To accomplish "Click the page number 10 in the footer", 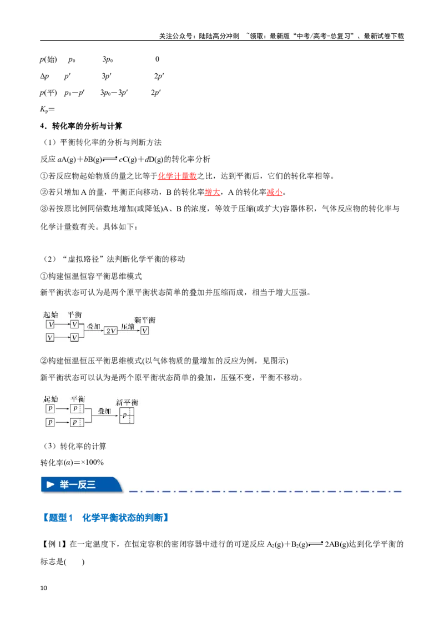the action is (x=44, y=588).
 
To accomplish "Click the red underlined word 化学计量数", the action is (x=177, y=176).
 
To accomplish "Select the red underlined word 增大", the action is (x=213, y=193).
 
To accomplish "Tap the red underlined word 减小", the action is (x=275, y=193).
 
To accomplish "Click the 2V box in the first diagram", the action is (x=110, y=331).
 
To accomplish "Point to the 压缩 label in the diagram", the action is (x=128, y=326).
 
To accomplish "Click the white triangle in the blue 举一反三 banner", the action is (x=51, y=485).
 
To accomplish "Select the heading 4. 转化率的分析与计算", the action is (x=81, y=126).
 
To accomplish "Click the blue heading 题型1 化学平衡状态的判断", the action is (x=105, y=518).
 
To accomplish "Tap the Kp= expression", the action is (x=47, y=109).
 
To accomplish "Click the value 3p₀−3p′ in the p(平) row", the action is (x=114, y=93).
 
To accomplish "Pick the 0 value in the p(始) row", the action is (x=157, y=59).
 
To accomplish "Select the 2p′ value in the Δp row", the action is (x=159, y=76).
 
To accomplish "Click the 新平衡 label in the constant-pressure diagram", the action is (x=127, y=402).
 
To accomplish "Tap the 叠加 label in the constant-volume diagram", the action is (x=94, y=326).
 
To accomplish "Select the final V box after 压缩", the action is (x=145, y=331).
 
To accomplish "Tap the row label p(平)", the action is (x=48, y=93).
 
